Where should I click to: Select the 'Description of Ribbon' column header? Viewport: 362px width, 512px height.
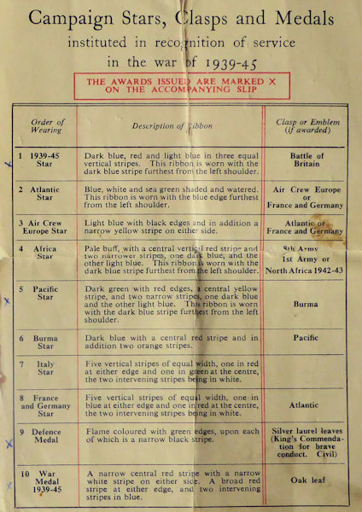tap(172, 126)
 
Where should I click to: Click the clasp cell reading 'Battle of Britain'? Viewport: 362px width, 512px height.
tap(308, 161)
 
